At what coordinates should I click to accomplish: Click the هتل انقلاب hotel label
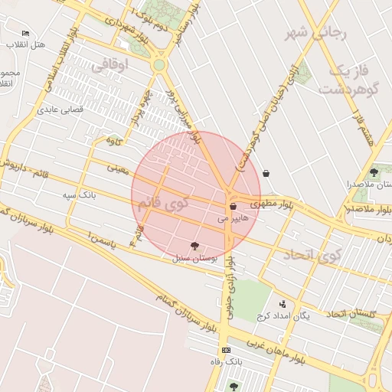click(x=25, y=44)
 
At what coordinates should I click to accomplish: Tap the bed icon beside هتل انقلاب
click(x=25, y=34)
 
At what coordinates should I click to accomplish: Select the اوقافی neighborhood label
click(x=108, y=67)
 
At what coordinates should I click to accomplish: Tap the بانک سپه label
click(x=79, y=195)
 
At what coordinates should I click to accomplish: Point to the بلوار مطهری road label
click(x=276, y=204)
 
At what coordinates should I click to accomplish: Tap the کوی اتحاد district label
click(x=311, y=255)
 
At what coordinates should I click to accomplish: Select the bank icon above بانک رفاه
click(x=225, y=350)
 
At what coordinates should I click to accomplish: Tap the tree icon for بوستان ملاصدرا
click(x=374, y=171)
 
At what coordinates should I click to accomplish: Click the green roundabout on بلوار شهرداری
click(x=158, y=65)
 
